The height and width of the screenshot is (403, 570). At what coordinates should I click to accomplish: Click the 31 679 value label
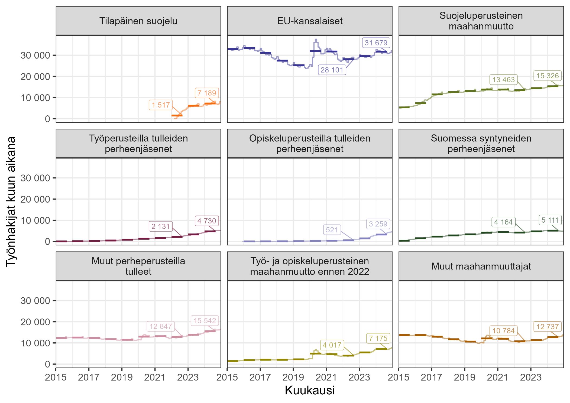click(x=376, y=43)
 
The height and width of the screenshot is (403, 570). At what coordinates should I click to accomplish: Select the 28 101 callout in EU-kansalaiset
click(x=332, y=70)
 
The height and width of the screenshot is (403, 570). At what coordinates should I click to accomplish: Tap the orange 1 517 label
click(x=161, y=105)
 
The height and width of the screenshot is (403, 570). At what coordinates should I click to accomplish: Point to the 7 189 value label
click(x=207, y=93)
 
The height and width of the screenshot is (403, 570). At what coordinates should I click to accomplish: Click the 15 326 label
click(x=548, y=76)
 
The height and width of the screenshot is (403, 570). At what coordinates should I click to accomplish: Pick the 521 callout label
click(x=332, y=230)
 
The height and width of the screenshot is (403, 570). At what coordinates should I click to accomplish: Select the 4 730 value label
click(x=207, y=221)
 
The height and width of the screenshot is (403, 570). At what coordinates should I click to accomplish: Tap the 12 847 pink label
click(x=161, y=326)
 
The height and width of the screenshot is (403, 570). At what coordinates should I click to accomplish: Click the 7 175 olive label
click(x=378, y=338)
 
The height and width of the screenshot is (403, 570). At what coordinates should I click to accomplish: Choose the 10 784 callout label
click(x=503, y=331)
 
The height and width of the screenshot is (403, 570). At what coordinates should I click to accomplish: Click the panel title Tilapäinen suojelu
click(x=138, y=21)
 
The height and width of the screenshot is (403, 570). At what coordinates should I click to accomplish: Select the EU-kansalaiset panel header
click(x=310, y=21)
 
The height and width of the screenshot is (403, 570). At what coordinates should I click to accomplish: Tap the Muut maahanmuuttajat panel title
click(x=481, y=266)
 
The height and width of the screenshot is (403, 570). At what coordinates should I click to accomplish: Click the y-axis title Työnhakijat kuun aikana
click(x=11, y=201)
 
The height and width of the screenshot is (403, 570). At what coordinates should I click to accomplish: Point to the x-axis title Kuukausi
click(x=310, y=391)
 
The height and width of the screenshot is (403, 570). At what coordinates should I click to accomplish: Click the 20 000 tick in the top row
click(x=35, y=77)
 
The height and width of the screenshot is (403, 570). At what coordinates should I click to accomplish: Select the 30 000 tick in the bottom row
click(x=35, y=301)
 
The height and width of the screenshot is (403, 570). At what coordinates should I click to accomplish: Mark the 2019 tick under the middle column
click(x=293, y=377)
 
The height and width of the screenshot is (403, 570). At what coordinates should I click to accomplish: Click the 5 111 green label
click(x=550, y=220)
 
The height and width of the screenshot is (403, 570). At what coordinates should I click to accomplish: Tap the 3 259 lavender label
click(x=378, y=224)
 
